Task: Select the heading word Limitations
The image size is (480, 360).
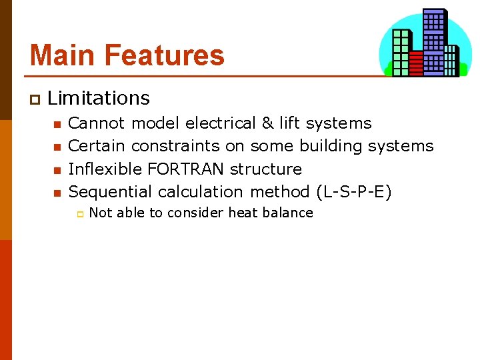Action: point(99,98)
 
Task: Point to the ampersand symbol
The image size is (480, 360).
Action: point(267,123)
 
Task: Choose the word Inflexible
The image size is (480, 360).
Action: point(100,169)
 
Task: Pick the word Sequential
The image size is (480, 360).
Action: point(111,192)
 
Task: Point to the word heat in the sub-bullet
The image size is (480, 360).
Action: point(244,213)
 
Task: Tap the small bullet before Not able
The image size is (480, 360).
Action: point(78,214)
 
